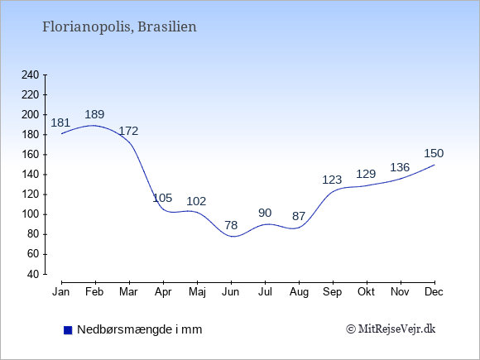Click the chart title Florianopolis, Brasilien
click(x=119, y=26)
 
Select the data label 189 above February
click(x=94, y=114)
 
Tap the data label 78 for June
click(x=231, y=225)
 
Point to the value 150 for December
click(x=434, y=153)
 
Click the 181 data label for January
click(x=60, y=122)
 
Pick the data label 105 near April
click(x=162, y=198)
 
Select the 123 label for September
click(x=332, y=180)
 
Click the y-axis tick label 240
click(x=31, y=74)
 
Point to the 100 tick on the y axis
click(x=31, y=214)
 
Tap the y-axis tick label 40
click(x=33, y=274)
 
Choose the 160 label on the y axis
click(x=31, y=155)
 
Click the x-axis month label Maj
click(x=197, y=292)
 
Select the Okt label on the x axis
click(x=366, y=292)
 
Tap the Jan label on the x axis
click(x=61, y=292)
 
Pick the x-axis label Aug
click(x=299, y=292)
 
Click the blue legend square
click(x=68, y=330)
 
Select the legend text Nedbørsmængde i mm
click(x=140, y=329)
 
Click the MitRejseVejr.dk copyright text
click(x=391, y=329)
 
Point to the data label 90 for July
click(x=265, y=213)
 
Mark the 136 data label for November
click(x=400, y=167)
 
